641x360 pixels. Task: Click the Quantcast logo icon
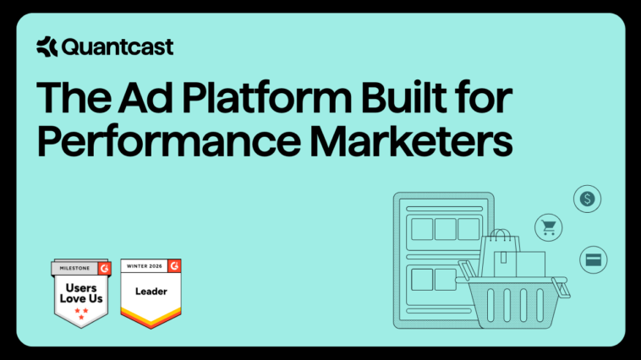click(x=47, y=47)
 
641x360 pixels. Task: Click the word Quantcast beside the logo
click(x=117, y=47)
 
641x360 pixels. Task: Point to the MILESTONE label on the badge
click(x=74, y=269)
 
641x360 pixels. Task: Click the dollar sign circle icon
click(x=588, y=199)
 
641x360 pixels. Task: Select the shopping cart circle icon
click(x=548, y=226)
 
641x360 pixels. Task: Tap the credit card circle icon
click(x=594, y=259)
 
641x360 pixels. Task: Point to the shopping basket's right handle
click(x=559, y=282)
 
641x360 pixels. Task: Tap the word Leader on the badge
click(x=151, y=290)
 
